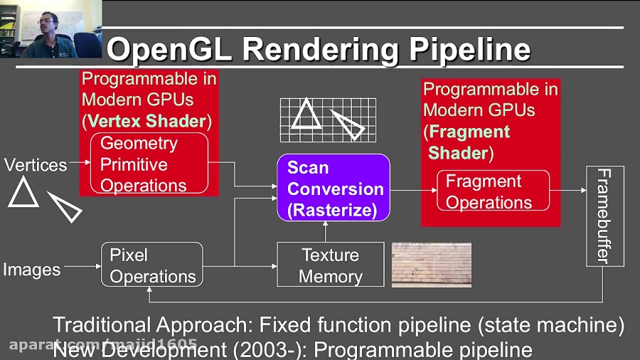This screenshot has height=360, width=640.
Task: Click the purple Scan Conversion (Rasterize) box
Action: pos(333,189)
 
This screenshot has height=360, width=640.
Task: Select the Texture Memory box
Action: pos(330,265)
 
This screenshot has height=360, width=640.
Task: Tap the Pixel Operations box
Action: pos(151,265)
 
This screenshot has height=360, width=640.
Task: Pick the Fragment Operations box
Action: pos(493,191)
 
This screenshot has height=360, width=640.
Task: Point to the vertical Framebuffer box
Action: pos(604,216)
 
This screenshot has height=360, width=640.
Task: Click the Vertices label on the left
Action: pos(36,165)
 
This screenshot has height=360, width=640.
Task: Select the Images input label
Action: pos(31,270)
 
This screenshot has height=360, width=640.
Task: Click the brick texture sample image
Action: pos(431,265)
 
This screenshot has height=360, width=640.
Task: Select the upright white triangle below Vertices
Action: pos(23,193)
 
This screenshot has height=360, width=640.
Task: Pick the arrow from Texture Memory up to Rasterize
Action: pos(325,232)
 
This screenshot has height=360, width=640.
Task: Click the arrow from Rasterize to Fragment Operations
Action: pos(412,191)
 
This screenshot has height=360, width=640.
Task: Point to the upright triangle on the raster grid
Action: pos(306,114)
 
